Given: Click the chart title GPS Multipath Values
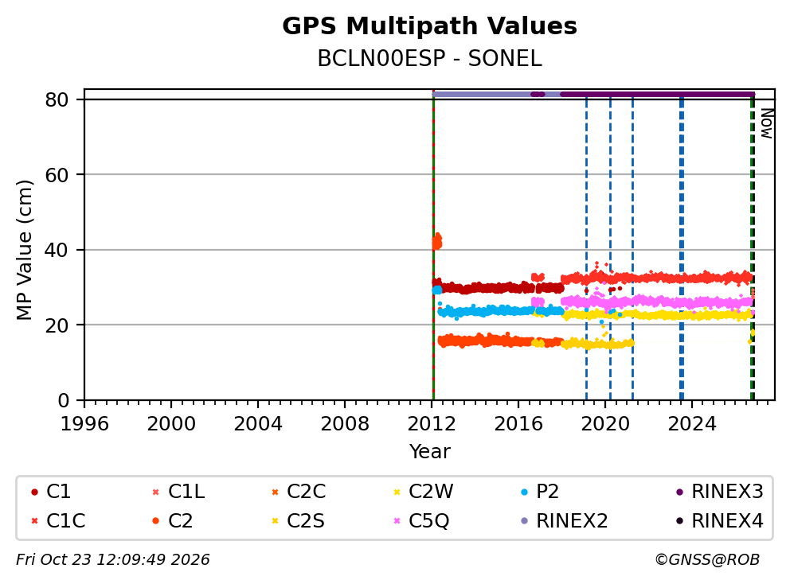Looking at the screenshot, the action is pyautogui.click(x=429, y=26).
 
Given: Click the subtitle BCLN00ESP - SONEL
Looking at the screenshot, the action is pyautogui.click(x=429, y=59).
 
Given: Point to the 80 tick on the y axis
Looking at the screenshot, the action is pyautogui.click(x=57, y=99).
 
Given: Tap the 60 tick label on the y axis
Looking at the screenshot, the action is pyautogui.click(x=57, y=175).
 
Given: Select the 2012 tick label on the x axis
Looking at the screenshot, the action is pyautogui.click(x=432, y=424).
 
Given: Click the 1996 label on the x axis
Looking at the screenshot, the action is pyautogui.click(x=84, y=424).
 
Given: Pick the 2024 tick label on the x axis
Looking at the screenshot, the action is pyautogui.click(x=692, y=424).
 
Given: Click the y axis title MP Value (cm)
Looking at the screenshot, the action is pyautogui.click(x=24, y=250).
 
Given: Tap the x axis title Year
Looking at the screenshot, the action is pyautogui.click(x=429, y=452).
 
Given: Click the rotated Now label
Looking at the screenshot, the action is pyautogui.click(x=766, y=124).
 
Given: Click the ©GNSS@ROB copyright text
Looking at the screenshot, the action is pyautogui.click(x=707, y=559).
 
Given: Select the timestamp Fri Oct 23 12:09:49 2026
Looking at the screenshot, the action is pyautogui.click(x=113, y=559).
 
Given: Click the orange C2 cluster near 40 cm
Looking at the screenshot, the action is pyautogui.click(x=437, y=241).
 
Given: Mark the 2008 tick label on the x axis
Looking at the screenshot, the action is pyautogui.click(x=345, y=424).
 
